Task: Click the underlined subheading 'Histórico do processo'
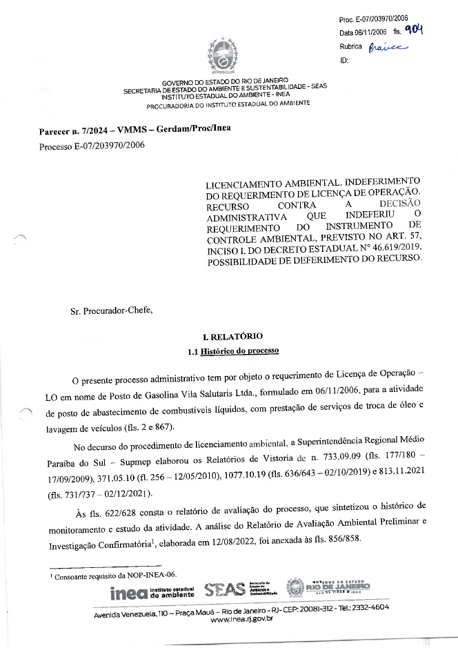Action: coord(239,351)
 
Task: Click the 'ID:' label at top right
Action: coord(344,61)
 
